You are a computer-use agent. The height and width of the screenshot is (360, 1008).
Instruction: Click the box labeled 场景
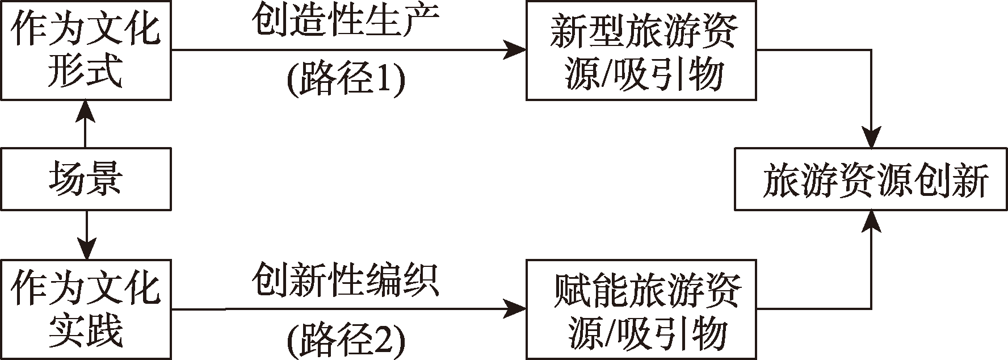(85, 179)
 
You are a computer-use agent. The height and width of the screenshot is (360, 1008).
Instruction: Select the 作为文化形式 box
(85, 50)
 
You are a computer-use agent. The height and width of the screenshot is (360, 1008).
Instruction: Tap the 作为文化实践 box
(85, 309)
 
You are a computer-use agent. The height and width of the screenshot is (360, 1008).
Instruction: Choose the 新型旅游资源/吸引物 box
(641, 51)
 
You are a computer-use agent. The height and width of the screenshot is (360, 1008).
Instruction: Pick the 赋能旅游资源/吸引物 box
(641, 309)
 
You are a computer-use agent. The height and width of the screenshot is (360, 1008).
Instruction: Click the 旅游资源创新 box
(871, 179)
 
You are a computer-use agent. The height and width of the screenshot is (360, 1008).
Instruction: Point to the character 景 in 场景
(104, 179)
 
